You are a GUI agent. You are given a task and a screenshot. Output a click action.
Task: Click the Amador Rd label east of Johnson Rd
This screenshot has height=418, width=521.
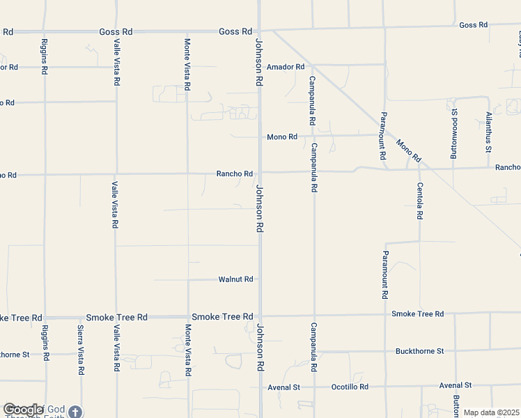[x=290, y=67]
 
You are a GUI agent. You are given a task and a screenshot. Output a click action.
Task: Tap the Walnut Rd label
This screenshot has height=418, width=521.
[x=235, y=279]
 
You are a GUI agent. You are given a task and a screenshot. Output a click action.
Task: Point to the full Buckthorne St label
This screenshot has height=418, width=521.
[x=419, y=351]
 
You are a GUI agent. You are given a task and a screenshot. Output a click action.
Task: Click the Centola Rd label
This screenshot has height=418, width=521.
[x=420, y=201]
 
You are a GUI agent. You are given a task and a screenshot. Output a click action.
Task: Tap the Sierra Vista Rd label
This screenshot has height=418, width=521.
[x=81, y=351]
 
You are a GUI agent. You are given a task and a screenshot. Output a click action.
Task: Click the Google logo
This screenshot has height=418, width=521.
[x=23, y=410]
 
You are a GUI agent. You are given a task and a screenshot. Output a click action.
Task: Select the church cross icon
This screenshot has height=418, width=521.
[x=75, y=412]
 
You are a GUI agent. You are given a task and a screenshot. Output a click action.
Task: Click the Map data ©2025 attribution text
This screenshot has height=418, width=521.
[x=491, y=412]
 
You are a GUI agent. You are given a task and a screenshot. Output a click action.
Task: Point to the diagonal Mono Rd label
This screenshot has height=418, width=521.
[x=409, y=151]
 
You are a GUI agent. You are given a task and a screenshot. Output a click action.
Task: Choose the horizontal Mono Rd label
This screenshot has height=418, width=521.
[x=282, y=137]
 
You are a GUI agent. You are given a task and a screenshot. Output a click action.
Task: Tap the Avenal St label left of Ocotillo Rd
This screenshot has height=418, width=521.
[x=284, y=387]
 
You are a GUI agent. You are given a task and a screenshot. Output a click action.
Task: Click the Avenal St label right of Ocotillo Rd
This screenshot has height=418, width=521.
[x=456, y=385]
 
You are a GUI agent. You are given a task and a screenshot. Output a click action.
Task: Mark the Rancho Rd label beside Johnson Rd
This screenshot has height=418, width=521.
[x=234, y=173]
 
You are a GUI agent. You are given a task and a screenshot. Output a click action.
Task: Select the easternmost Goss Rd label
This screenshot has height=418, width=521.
[x=473, y=25]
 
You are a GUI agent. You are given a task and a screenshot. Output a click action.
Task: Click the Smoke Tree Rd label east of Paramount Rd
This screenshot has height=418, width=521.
[x=417, y=314]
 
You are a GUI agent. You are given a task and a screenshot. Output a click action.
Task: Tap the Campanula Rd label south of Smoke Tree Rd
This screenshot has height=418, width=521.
[x=314, y=347]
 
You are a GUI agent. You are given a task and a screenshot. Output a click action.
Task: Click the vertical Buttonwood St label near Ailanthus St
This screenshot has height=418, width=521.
[x=453, y=134]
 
